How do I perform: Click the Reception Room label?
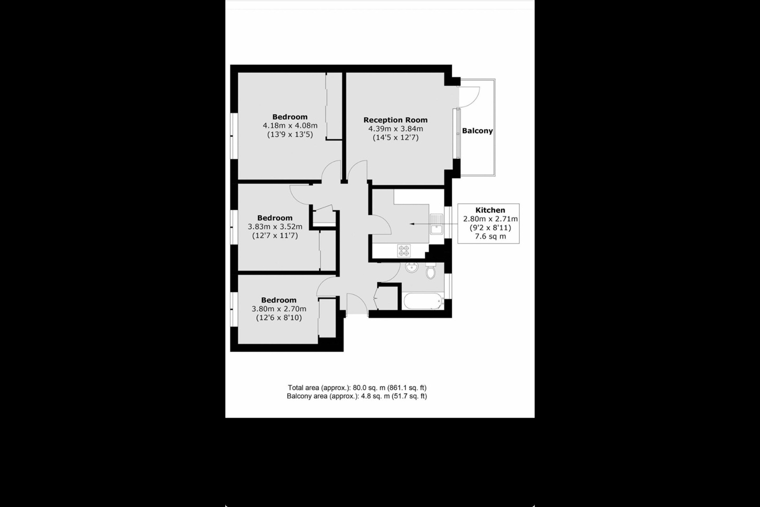coord(395,120)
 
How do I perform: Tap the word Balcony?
coord(477,131)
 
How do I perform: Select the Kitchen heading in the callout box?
coord(490,210)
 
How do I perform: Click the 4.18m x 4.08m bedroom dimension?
coord(290,126)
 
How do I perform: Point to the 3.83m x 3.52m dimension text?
coord(275,227)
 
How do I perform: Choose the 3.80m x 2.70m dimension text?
coord(279,309)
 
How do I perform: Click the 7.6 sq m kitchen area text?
coord(490,237)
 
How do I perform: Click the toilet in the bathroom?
coord(430,271)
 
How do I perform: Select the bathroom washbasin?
coord(412,268)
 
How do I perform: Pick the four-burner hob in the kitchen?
coord(404,250)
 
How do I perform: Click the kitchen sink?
coord(436,224)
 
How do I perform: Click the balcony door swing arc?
coord(470,95)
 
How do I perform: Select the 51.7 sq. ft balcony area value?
coord(410,396)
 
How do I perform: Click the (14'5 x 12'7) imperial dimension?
coord(395,138)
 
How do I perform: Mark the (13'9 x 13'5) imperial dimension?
coord(290,135)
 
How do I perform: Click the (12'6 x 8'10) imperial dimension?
coord(279,318)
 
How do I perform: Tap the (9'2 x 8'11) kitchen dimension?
coord(490,228)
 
